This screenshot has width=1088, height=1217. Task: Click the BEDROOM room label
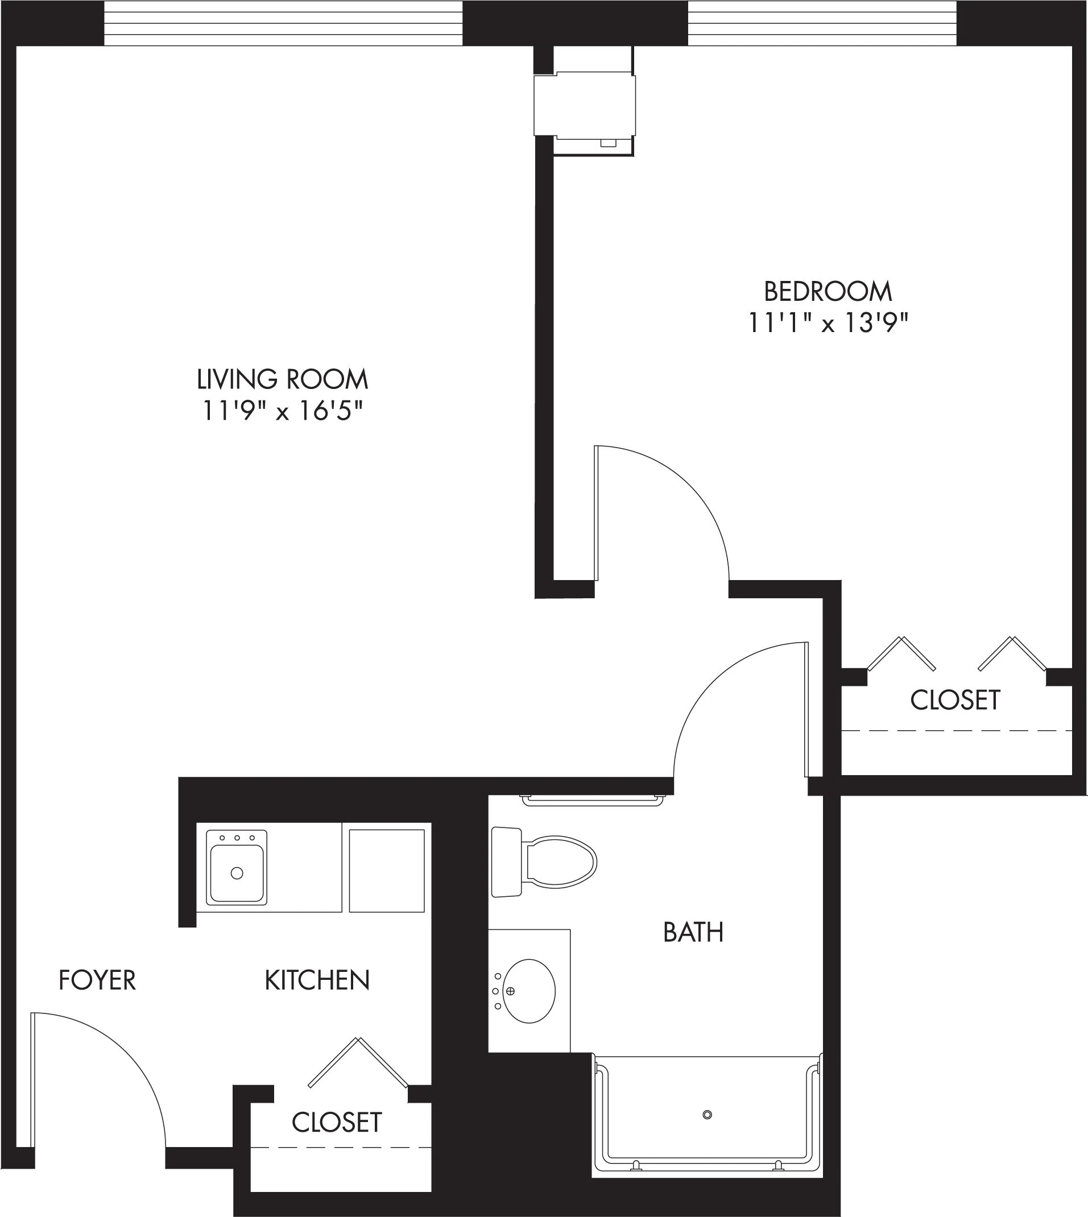828,292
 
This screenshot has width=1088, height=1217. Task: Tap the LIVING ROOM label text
282,379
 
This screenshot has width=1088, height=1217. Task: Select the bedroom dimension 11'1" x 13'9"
828,324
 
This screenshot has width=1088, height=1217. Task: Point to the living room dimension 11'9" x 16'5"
282,411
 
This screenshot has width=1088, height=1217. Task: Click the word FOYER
97,980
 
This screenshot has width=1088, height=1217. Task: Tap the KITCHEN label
317,980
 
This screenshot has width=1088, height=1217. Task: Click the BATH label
693,932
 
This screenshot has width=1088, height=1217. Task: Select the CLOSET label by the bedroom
955,700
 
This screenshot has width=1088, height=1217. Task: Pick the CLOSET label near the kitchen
337,1123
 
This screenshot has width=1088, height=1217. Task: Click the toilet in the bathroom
544,862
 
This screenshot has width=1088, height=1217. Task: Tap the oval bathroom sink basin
528,991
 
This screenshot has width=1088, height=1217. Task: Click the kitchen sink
237,867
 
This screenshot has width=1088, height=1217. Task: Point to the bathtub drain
707,1114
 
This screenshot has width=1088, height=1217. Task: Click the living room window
283,23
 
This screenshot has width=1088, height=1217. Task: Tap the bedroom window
822,23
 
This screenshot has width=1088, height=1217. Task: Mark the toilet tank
506,862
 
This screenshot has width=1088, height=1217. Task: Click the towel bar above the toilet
593,800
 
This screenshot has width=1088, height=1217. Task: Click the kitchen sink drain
237,874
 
